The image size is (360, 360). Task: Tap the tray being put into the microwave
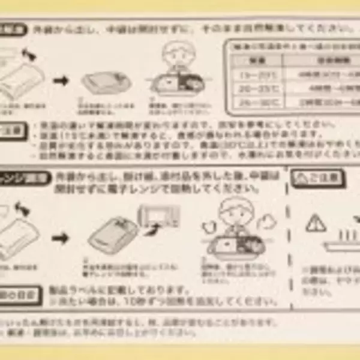pos(114,234)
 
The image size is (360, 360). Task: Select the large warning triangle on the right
pos(314,223)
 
